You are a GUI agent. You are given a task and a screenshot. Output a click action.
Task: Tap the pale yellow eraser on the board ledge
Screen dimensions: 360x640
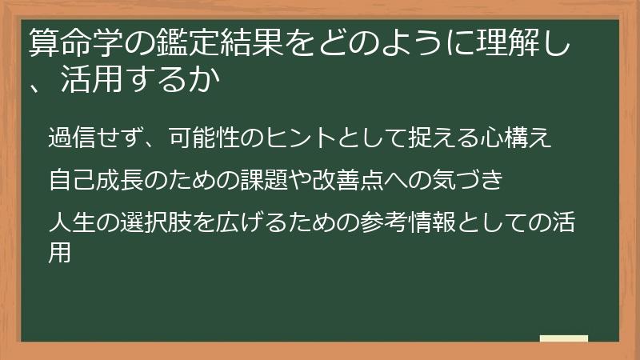(563, 338)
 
